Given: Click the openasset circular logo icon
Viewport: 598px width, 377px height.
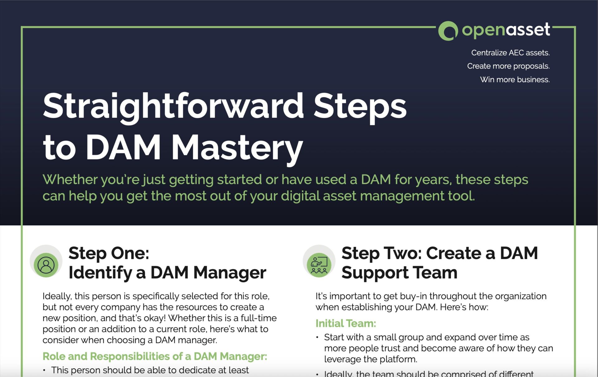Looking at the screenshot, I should click(448, 31).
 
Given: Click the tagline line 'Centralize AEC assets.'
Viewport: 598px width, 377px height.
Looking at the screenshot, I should click(510, 53).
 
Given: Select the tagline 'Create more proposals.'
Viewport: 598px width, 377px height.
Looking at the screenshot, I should click(508, 66).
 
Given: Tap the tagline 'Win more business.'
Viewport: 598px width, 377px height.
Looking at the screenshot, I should click(515, 79).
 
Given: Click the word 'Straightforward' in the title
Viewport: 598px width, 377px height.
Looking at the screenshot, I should click(173, 107).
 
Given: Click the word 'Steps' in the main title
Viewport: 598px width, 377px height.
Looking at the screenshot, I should click(360, 107).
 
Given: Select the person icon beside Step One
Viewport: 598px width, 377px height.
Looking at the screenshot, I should click(46, 265).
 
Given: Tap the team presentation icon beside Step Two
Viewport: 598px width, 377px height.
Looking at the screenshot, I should click(319, 265).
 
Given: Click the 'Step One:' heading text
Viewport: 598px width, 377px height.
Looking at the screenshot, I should click(109, 253).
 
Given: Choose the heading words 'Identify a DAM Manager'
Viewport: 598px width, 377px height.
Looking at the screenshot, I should click(167, 272).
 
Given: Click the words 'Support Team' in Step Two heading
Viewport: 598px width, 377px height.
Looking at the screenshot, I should click(399, 272).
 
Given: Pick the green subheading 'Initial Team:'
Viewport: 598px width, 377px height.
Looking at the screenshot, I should click(346, 323).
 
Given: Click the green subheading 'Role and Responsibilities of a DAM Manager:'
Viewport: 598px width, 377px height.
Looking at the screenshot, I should click(155, 356).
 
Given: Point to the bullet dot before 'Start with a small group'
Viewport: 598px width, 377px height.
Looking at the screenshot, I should click(317, 337).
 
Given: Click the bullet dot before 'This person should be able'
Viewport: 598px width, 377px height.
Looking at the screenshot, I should click(44, 370).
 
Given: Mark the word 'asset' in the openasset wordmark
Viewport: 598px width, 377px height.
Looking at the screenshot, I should click(527, 30).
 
